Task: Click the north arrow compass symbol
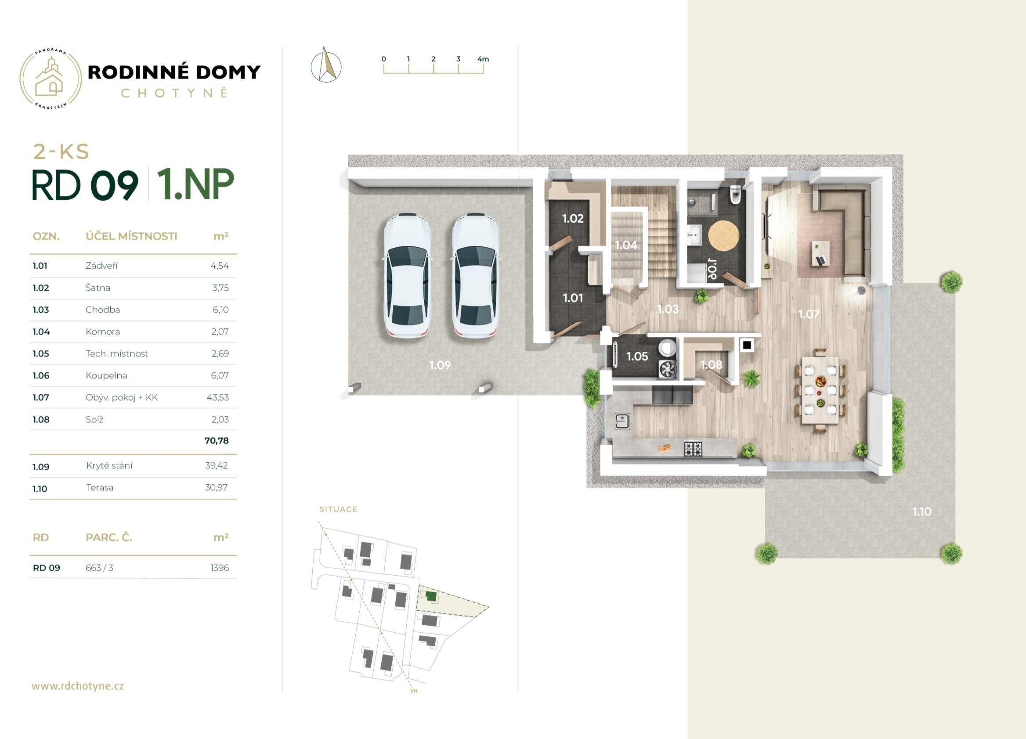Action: coord(326,65)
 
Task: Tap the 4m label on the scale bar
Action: coord(483,59)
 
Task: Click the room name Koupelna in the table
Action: coord(106,375)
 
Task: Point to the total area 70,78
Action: coord(217,440)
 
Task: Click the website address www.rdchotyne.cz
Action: coord(77,685)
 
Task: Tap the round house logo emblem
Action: coord(51,79)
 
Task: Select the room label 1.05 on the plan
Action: coord(637,357)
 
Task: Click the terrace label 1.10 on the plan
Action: coord(921,512)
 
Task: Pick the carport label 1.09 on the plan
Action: coord(440,365)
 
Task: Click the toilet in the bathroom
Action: coord(736,195)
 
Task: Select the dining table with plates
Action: coord(820,390)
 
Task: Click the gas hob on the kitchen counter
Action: coord(693,448)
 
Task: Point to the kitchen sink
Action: coord(622,421)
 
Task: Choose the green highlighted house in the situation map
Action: coord(432,597)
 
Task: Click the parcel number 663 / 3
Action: coord(99,568)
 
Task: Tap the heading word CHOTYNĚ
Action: coord(174,93)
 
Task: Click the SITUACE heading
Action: coord(338,509)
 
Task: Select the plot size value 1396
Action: coord(220,568)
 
